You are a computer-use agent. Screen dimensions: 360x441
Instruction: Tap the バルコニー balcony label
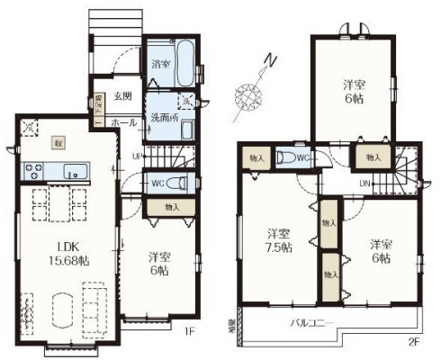tap(311, 322)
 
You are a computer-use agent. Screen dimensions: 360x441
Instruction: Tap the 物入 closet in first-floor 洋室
tap(172, 206)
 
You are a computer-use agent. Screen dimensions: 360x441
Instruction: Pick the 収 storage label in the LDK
tap(57, 143)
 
